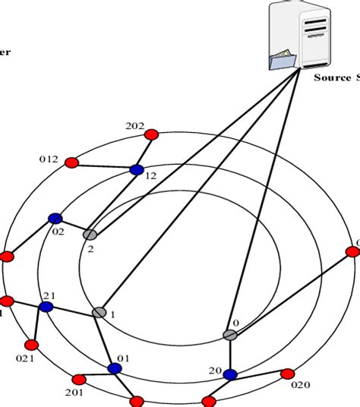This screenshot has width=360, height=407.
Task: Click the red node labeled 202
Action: point(150,134)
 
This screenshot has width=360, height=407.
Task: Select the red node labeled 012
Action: point(71,162)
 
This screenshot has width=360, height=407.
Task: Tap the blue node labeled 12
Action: point(137,170)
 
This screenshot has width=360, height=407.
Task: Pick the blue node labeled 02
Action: point(55,219)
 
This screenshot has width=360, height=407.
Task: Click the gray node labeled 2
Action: point(90,235)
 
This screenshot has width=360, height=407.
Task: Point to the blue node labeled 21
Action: point(46,307)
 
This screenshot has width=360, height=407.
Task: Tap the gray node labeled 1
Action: point(99,312)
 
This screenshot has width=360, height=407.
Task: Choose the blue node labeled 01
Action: point(115,369)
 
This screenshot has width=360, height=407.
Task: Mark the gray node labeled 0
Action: point(230,335)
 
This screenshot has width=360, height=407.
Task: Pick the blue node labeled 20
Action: point(230,374)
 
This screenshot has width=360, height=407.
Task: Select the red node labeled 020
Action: point(287,374)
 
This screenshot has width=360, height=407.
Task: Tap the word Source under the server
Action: point(333,77)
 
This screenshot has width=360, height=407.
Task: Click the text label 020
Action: point(301,385)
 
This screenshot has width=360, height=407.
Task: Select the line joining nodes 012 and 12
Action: point(104,166)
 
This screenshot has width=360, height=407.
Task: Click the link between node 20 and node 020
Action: point(258,374)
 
